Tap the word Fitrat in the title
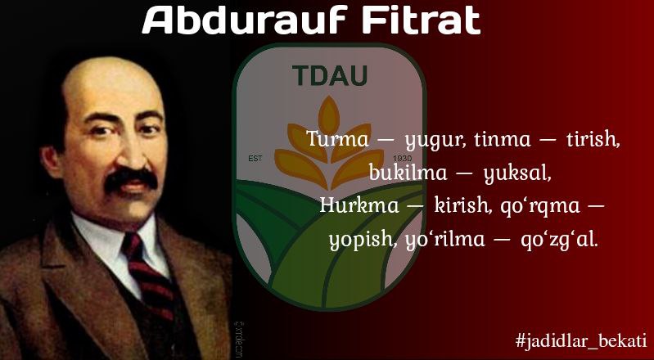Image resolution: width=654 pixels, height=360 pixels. tap(422, 20)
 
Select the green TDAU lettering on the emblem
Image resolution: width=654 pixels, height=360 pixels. tap(330, 75)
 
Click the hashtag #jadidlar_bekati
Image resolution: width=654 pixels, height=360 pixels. tap(581, 340)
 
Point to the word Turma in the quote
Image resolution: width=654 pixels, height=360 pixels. tap(338, 139)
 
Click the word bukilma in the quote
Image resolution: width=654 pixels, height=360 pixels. tap(408, 173)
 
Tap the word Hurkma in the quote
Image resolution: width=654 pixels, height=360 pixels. tap(359, 205)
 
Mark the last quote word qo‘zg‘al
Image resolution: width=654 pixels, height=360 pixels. tap(559, 241)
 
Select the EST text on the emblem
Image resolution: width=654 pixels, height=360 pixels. tap(255, 159)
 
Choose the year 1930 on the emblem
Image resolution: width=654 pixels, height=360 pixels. tap(402, 159)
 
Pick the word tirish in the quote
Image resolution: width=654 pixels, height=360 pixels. tap(593, 139)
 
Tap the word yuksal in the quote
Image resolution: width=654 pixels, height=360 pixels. tap(517, 173)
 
